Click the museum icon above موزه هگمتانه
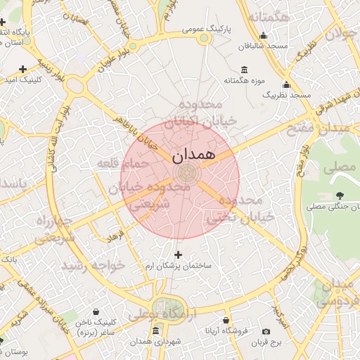pos(244,69)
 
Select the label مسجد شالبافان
pos(262,46)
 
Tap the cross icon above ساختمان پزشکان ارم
pos(177,255)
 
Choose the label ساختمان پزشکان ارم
pos(177,266)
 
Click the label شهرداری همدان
pos(155,342)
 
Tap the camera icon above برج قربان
pos(266,331)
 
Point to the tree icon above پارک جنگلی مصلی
pos(340,195)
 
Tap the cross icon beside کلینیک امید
pos(23,69)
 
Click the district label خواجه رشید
pos(93,265)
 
